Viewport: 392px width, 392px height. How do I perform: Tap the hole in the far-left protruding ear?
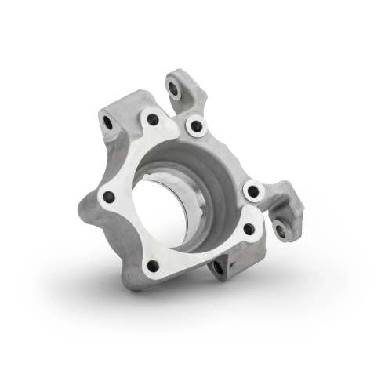click(107, 122)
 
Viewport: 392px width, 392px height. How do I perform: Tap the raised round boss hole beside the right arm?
click(252, 191)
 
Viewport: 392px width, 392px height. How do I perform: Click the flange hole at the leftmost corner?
click(109, 196)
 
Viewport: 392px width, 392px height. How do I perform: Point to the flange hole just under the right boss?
click(249, 229)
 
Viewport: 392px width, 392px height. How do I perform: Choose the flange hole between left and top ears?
click(152, 120)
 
